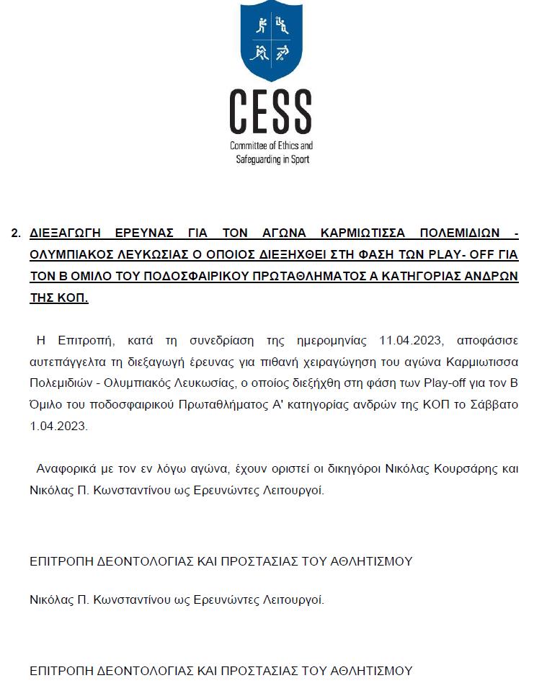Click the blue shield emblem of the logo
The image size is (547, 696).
pyautogui.click(x=272, y=41)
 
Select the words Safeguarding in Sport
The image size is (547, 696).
pyautogui.click(x=272, y=159)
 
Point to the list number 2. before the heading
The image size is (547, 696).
pyautogui.click(x=15, y=233)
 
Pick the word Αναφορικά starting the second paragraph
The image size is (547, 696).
pyautogui.click(x=65, y=469)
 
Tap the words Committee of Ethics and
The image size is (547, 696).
pyautogui.click(x=271, y=146)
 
